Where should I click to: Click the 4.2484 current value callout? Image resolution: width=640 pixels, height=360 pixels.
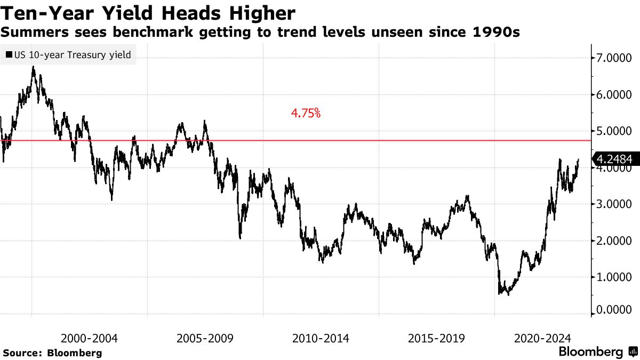(x=614, y=159)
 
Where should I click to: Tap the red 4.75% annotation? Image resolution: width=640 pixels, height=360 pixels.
(x=306, y=113)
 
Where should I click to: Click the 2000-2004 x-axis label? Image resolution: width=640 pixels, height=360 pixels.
(x=90, y=338)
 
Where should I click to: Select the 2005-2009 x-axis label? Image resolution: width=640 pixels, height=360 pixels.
(x=205, y=338)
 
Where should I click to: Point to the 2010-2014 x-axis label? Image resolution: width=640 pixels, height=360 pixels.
(x=321, y=338)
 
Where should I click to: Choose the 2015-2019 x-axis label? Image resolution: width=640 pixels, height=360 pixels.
(x=436, y=338)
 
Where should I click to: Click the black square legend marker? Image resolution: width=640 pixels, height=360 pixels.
(x=9, y=55)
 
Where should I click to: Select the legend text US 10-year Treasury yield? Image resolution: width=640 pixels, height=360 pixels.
(x=73, y=55)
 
